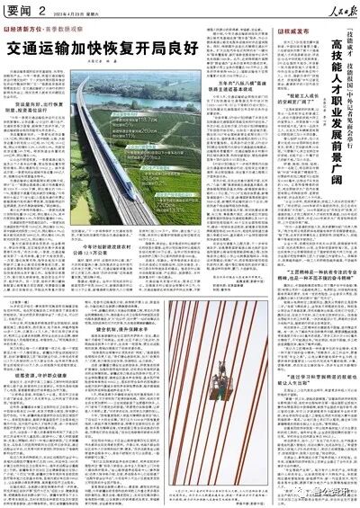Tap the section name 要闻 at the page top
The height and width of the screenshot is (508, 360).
pyautogui.click(x=20, y=8)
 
